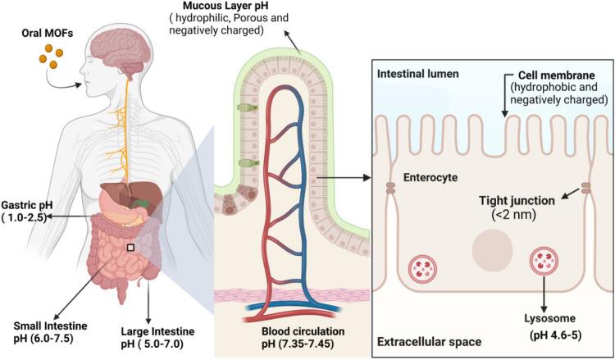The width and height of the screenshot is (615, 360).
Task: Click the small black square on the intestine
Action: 130,245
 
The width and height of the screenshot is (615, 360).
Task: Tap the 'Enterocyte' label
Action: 430,176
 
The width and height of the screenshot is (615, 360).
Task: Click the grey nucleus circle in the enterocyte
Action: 488,245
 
